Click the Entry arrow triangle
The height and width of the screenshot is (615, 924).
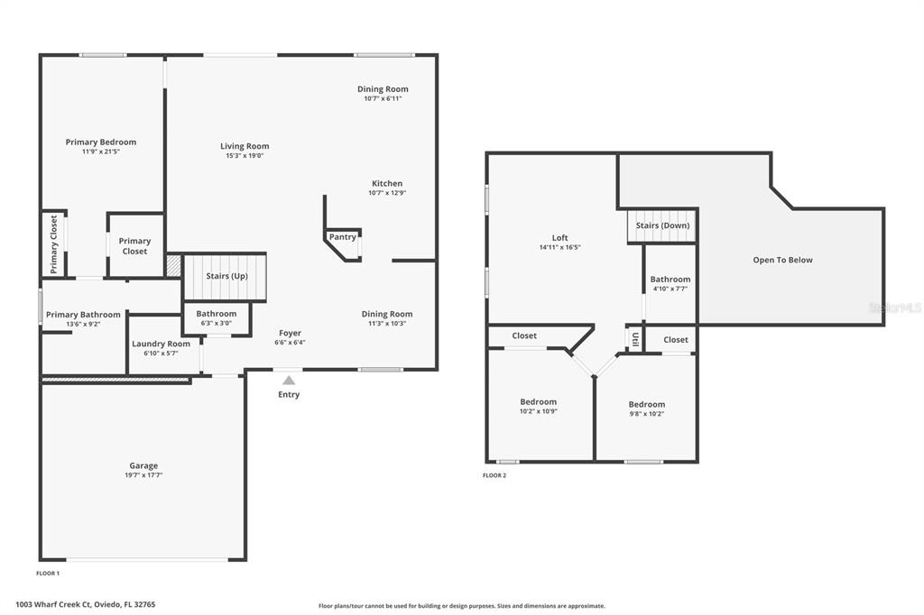tap(289, 381)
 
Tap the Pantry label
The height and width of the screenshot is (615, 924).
tap(342, 237)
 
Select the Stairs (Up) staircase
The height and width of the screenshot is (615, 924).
tap(225, 276)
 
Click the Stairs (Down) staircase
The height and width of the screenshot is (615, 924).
tap(661, 225)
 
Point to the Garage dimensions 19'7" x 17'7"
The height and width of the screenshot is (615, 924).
tap(143, 475)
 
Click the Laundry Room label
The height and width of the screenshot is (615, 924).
tap(161, 344)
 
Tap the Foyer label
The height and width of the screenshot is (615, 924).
tap(290, 334)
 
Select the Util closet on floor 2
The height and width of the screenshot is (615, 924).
tap(634, 339)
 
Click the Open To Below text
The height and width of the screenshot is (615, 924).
tap(782, 260)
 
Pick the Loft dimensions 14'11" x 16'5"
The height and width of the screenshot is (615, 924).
tap(559, 247)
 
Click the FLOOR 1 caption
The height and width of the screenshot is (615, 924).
tap(48, 574)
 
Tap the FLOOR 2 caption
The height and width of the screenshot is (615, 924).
tap(494, 475)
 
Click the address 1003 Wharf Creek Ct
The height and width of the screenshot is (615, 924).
tap(53, 604)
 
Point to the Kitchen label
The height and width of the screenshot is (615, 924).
tap(387, 183)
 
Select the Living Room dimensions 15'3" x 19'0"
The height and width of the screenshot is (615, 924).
tap(245, 156)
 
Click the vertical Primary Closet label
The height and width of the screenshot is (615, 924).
tap(53, 243)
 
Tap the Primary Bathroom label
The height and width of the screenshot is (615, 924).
tap(83, 315)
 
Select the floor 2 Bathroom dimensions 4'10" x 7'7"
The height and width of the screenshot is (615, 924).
tap(670, 289)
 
